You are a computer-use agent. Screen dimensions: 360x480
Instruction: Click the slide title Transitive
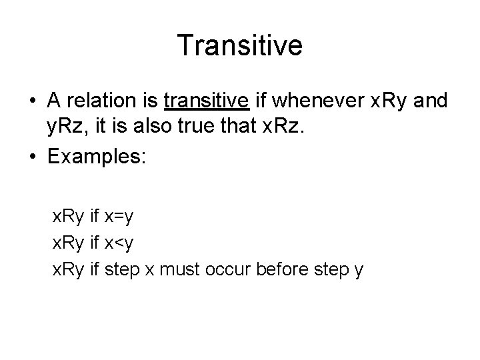(240, 46)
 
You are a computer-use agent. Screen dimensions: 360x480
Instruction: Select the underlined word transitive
(207, 101)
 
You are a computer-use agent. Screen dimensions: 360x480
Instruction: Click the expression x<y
(120, 244)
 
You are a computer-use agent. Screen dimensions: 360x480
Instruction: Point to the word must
(194, 271)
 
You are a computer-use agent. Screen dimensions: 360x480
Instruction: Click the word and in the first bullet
(433, 101)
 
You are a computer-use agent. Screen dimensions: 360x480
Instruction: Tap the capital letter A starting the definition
(55, 101)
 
